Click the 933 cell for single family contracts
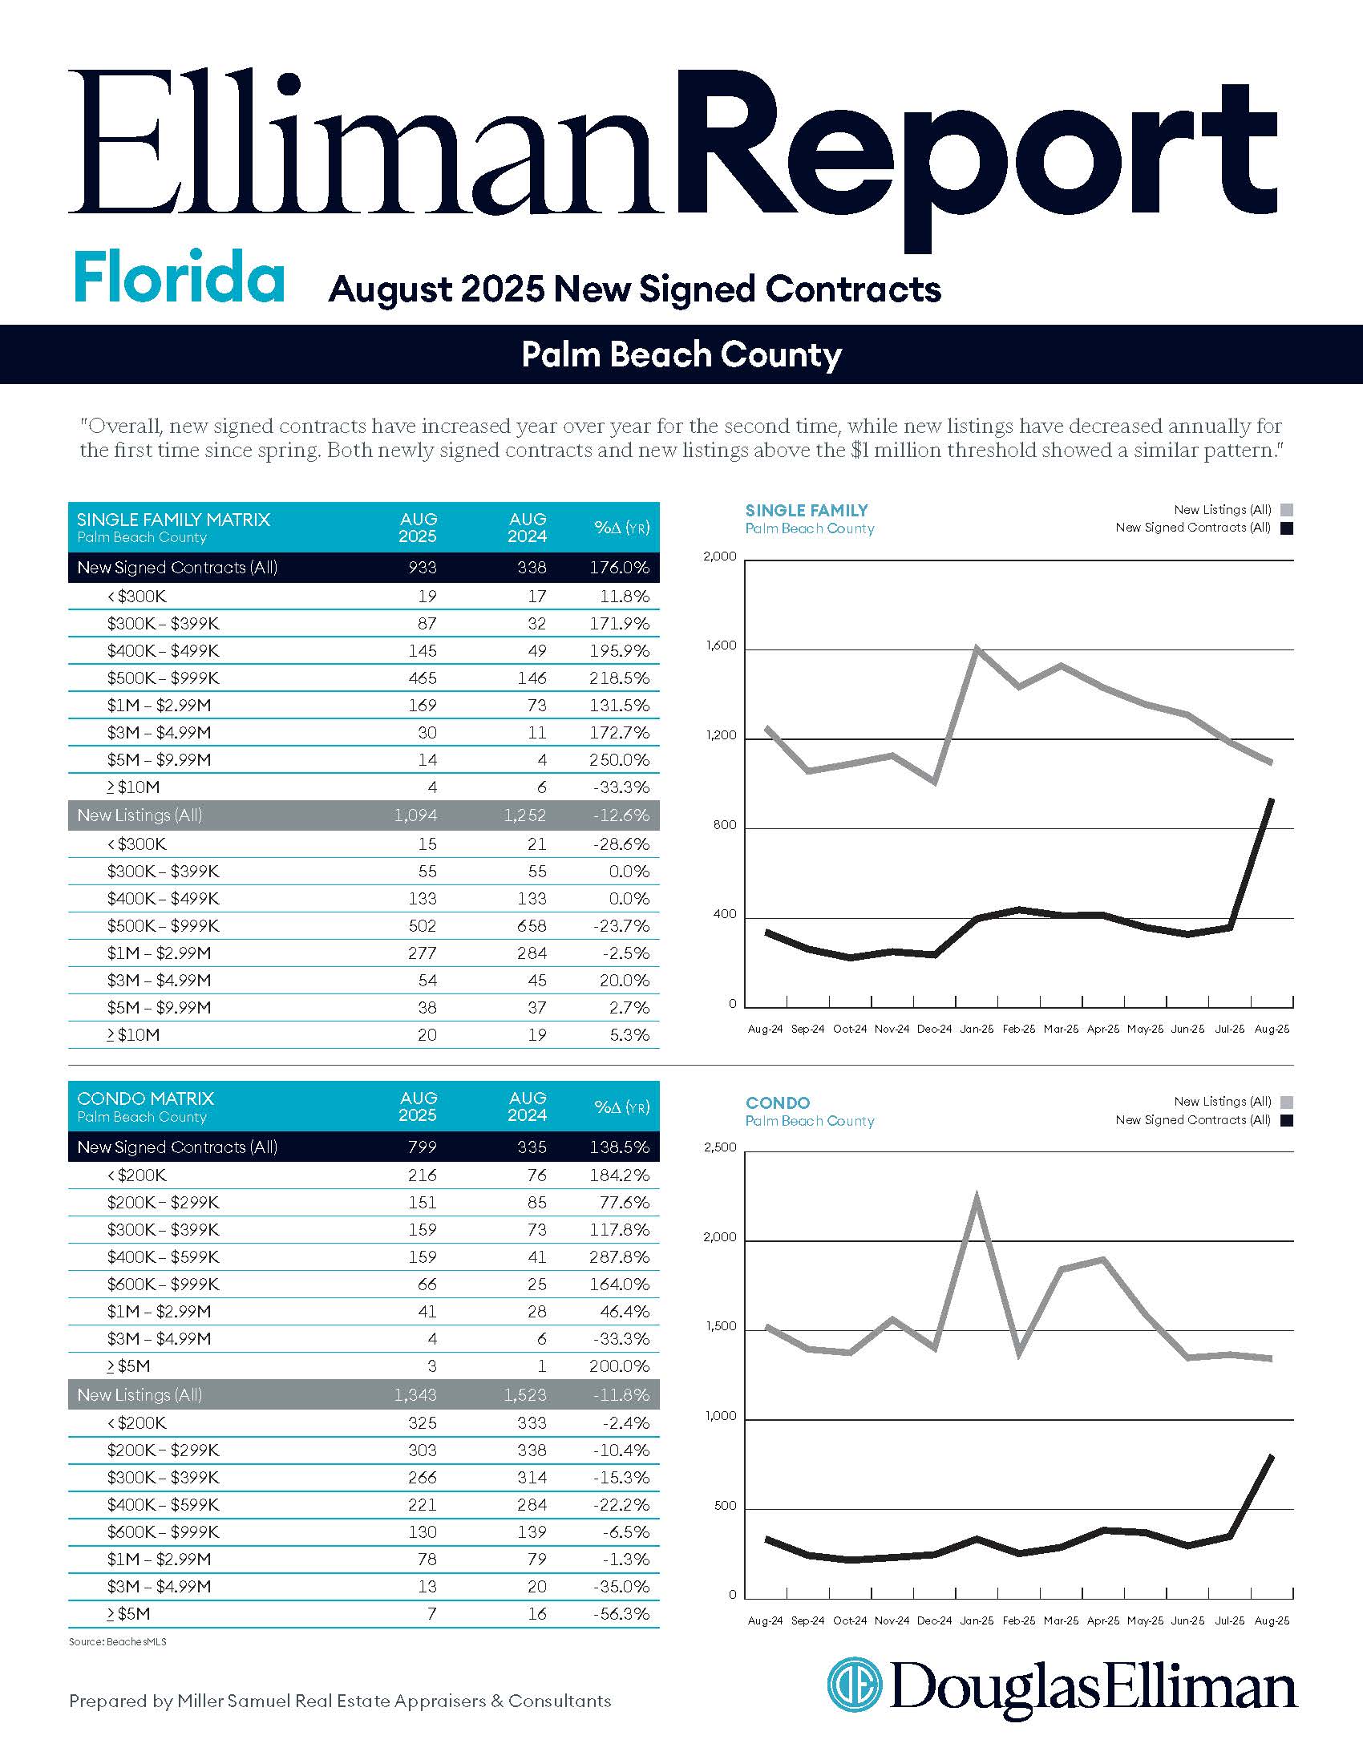pos(423,568)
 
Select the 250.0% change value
pos(619,760)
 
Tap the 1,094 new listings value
pos(416,815)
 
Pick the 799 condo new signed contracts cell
pos(423,1147)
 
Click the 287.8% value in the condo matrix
pos(619,1256)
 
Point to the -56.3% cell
pos(621,1614)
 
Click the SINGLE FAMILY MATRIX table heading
pos(174,520)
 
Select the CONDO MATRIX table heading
pos(145,1098)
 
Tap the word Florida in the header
pos(180,277)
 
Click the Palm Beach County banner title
pos(681,354)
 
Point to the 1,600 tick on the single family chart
pos(721,646)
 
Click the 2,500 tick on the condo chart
pos(721,1147)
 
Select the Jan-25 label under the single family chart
pos(977,1030)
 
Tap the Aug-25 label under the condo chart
pos(1272,1621)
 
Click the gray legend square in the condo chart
pos(1286,1102)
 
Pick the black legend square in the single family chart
pos(1286,528)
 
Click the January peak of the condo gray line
pos(977,1198)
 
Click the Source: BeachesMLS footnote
pos(118,1642)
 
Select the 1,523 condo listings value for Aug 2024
pos(525,1395)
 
